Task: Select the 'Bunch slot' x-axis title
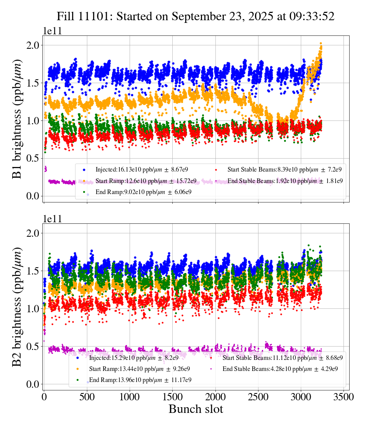196,409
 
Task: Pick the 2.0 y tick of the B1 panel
33,45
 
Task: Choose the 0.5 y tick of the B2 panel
33,346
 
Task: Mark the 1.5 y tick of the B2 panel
33,271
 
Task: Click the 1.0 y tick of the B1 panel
33,120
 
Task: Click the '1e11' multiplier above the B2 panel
52,219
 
